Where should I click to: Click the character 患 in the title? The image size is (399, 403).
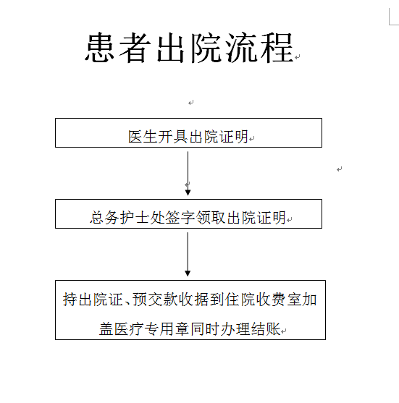[100, 48]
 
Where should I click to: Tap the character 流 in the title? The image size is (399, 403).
[241, 48]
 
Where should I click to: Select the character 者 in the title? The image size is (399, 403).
[135, 48]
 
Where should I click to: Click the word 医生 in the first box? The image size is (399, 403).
[143, 137]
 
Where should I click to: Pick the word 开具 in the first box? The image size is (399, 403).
[173, 137]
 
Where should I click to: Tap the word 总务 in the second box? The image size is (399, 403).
[104, 218]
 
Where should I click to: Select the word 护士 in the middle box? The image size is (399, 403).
[135, 218]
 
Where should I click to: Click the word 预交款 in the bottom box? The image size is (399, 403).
[155, 300]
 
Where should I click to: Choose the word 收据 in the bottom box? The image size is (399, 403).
[194, 300]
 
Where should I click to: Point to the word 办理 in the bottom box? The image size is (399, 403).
[235, 329]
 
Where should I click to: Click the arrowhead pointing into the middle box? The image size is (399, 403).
[188, 192]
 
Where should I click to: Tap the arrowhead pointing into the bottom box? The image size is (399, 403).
[188, 273]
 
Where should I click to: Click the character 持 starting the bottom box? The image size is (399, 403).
[70, 300]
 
